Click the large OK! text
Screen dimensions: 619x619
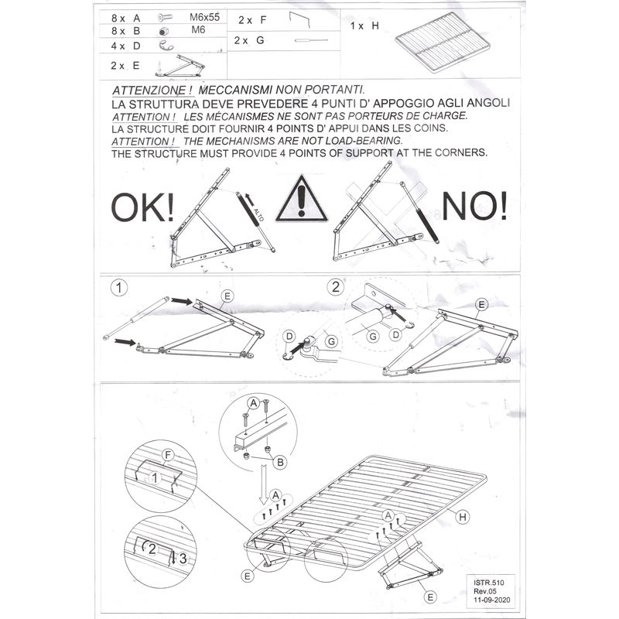click(143, 208)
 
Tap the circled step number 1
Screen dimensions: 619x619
click(118, 289)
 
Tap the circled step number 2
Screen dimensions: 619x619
click(335, 288)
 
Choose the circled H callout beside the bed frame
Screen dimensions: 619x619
click(463, 517)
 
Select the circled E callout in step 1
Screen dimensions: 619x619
click(227, 296)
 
